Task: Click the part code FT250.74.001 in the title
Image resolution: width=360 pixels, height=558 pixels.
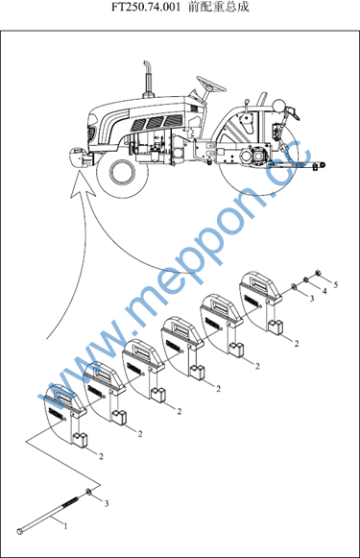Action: [x=146, y=8]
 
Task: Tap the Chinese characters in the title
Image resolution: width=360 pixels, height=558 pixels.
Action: [x=219, y=7]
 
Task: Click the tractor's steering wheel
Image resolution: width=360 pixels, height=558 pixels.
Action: [x=211, y=84]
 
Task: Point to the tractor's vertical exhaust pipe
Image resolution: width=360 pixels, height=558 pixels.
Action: [x=148, y=80]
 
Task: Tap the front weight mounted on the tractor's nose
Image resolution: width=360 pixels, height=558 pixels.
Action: [x=80, y=157]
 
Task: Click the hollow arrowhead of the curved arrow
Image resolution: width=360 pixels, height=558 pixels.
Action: [x=83, y=184]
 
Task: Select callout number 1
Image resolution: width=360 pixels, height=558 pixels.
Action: [x=65, y=526]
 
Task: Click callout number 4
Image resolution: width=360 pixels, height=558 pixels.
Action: [x=324, y=291]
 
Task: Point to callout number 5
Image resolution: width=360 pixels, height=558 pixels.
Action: [x=335, y=284]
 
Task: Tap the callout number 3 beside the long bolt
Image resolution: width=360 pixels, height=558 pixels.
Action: [x=106, y=503]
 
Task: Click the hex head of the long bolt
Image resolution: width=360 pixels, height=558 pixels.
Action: [x=20, y=532]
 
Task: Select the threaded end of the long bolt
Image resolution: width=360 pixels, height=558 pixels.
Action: [x=70, y=501]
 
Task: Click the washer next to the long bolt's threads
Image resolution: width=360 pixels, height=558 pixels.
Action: [x=88, y=493]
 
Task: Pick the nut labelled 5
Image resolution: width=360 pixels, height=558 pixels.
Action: [x=319, y=274]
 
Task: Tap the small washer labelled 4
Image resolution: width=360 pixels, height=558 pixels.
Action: [x=305, y=279]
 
